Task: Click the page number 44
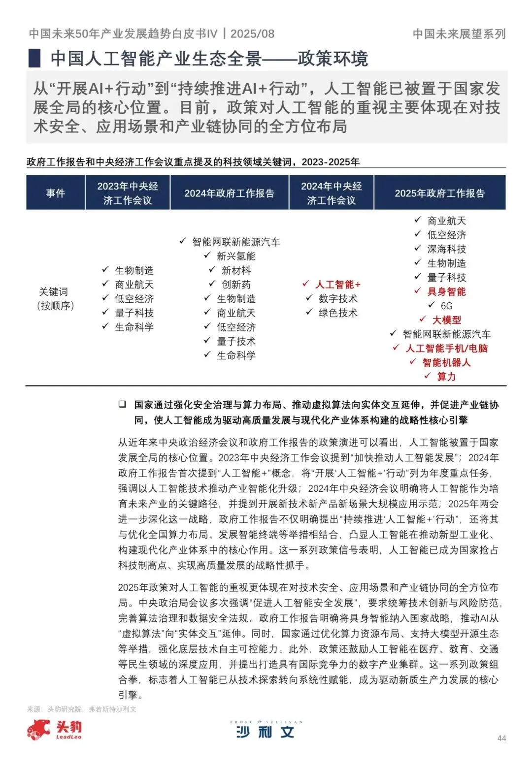[501, 738]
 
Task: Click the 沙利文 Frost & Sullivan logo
[266, 730]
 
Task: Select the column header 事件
[56, 193]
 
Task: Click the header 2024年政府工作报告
[229, 193]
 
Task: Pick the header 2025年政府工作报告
[439, 193]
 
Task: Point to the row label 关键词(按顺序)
[56, 298]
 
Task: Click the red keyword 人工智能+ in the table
[338, 285]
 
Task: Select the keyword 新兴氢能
[236, 256]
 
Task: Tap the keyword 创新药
[236, 285]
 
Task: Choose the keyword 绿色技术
[338, 313]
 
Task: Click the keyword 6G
[446, 306]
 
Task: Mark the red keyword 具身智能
[446, 291]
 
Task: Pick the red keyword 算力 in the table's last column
[446, 377]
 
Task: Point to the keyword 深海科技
[446, 249]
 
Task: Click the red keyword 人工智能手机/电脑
[446, 349]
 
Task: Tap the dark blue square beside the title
[34, 58]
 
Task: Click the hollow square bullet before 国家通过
[122, 405]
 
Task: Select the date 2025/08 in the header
[252, 33]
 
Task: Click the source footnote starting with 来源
[81, 709]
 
